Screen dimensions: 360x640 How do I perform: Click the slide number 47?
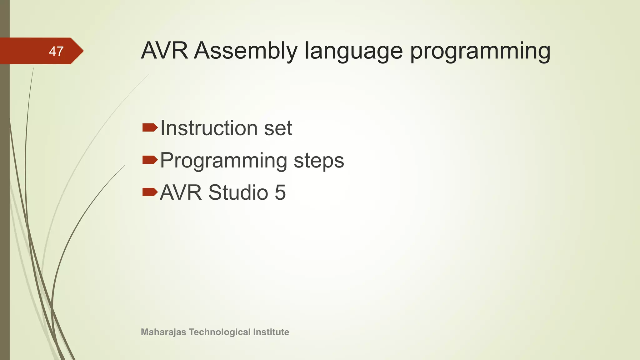56,51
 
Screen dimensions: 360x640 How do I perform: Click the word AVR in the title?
164,51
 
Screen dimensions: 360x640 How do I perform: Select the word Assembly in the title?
246,51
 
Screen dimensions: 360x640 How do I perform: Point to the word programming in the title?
480,51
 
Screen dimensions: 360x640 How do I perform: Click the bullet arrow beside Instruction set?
150,127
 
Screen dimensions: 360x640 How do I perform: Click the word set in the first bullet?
278,128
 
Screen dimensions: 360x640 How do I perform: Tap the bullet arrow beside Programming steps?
150,160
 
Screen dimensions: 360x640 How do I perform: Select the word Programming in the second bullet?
223,161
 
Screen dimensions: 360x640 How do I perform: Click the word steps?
319,161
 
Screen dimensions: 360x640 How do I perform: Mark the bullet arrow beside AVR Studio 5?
150,192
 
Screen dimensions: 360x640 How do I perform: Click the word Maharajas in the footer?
163,332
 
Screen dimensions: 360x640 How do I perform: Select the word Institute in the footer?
271,332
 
